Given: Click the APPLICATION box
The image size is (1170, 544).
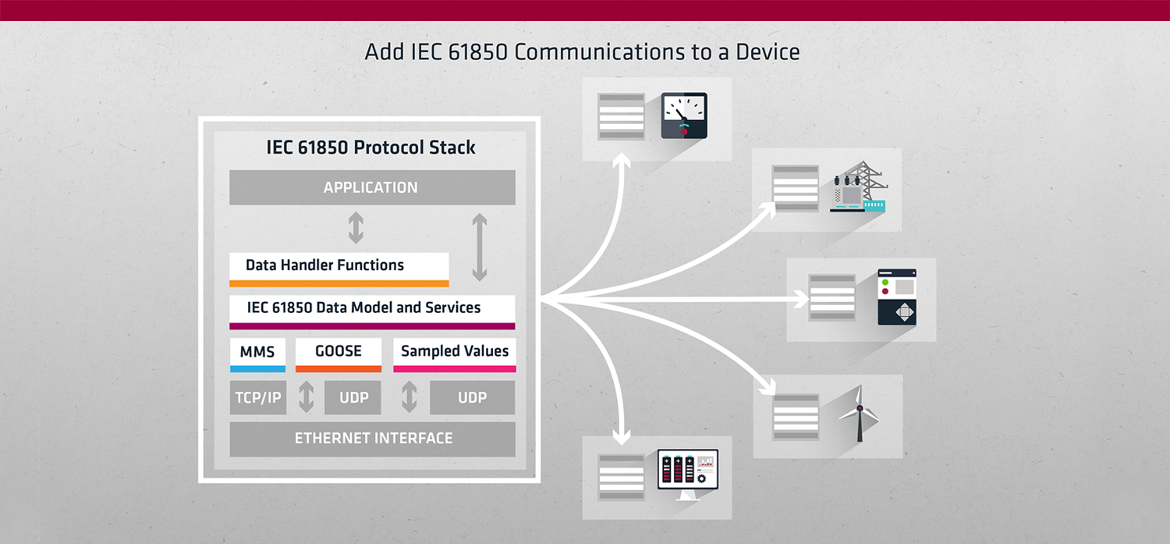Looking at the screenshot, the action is (x=372, y=187).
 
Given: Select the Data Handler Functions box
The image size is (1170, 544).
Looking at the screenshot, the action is (x=339, y=269).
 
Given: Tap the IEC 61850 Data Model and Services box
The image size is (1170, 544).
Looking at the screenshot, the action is (x=372, y=312).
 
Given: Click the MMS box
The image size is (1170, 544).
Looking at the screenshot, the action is (x=257, y=355).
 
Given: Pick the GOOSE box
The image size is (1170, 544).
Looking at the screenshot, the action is (x=339, y=355).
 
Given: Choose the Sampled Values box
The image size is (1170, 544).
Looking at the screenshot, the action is (x=455, y=355).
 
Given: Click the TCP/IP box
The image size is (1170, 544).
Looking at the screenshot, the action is (x=258, y=398).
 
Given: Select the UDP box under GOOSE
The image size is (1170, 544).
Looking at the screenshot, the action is (x=353, y=398).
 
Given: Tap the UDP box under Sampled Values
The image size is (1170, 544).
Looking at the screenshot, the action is (x=472, y=398).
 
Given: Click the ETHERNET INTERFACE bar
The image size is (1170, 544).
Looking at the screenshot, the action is (x=372, y=439).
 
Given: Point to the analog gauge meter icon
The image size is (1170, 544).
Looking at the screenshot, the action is (x=684, y=116).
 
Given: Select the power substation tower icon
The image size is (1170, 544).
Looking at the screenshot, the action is (x=859, y=187).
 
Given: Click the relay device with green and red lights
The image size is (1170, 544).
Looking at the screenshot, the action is (x=897, y=297).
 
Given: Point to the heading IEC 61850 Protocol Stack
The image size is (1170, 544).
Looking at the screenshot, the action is (x=370, y=148).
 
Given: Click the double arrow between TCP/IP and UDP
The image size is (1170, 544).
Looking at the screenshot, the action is (x=306, y=397).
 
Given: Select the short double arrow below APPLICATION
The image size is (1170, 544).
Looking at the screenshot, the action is (x=356, y=228).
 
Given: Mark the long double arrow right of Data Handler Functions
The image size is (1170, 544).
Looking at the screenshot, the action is (x=480, y=247).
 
